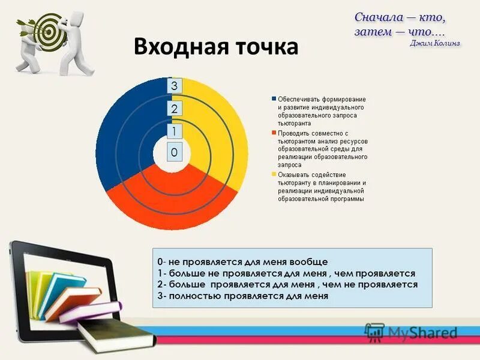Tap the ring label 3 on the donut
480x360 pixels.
174,86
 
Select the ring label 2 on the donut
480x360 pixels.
174,109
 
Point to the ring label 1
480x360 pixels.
174,131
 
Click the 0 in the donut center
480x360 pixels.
174,153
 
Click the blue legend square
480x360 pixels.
274,99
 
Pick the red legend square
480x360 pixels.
274,133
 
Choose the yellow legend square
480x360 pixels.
274,175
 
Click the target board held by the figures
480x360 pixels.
50,30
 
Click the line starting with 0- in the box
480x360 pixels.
242,262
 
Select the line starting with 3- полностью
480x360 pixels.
242,296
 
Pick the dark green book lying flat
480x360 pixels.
108,334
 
